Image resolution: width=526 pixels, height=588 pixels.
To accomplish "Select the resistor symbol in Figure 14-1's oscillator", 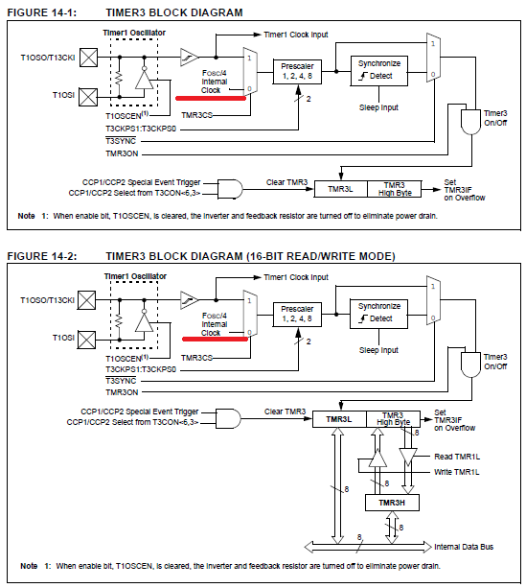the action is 120,78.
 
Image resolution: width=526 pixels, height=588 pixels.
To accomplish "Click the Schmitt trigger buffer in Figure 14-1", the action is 190,58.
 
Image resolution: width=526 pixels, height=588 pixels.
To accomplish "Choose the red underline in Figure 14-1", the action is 211,98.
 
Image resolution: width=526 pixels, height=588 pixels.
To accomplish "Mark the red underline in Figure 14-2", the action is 215,339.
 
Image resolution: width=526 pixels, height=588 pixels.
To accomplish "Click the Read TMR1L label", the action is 457,457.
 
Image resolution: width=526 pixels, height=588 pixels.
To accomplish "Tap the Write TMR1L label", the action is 457,472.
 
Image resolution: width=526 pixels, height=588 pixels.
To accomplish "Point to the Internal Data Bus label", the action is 464,547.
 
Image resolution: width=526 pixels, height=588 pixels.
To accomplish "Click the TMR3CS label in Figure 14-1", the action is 196,115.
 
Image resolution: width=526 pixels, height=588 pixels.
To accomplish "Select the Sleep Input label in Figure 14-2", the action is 378,350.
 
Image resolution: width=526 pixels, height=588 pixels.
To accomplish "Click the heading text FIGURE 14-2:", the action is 42,256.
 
